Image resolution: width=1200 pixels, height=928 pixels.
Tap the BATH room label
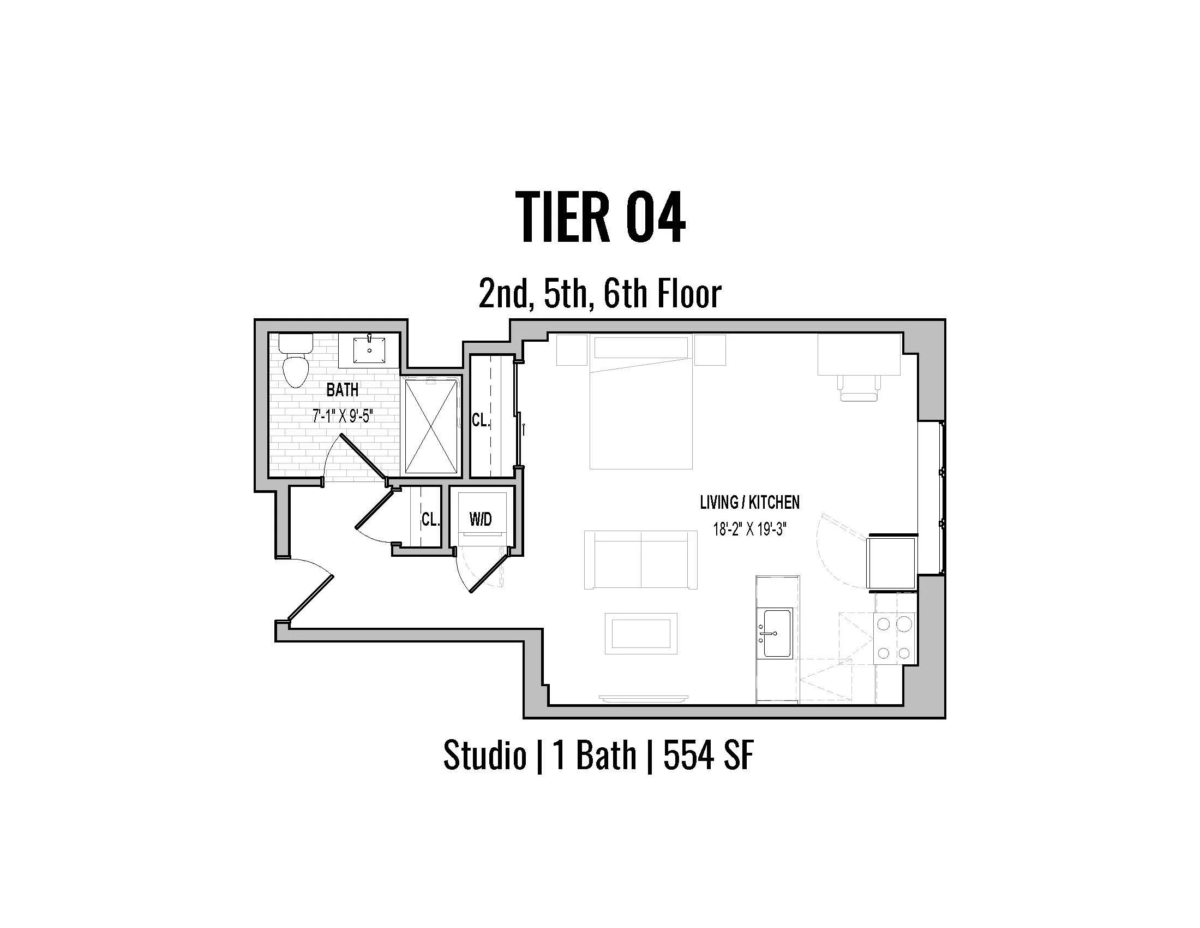click(x=343, y=390)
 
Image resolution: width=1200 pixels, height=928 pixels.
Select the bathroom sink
click(x=369, y=351)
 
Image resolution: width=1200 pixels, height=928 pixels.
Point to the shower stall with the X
click(x=431, y=426)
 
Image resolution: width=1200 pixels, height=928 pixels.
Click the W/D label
click(x=480, y=519)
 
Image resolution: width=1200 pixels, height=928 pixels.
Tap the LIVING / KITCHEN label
click(x=749, y=502)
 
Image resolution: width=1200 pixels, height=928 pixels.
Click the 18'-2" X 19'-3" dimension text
click(x=749, y=530)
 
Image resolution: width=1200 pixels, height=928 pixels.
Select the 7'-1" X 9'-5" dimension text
click(x=343, y=416)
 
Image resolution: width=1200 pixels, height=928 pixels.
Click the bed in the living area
click(x=641, y=409)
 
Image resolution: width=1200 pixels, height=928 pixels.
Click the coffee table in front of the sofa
click(x=641, y=633)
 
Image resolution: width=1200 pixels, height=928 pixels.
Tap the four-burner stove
click(x=895, y=638)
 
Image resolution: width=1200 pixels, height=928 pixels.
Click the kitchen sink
click(x=775, y=633)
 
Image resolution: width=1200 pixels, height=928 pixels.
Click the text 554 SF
click(x=708, y=755)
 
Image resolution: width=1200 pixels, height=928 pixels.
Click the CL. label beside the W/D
click(x=430, y=519)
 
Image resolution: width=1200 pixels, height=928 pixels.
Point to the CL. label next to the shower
click(x=481, y=420)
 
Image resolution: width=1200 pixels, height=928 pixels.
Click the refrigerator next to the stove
click(x=891, y=562)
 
